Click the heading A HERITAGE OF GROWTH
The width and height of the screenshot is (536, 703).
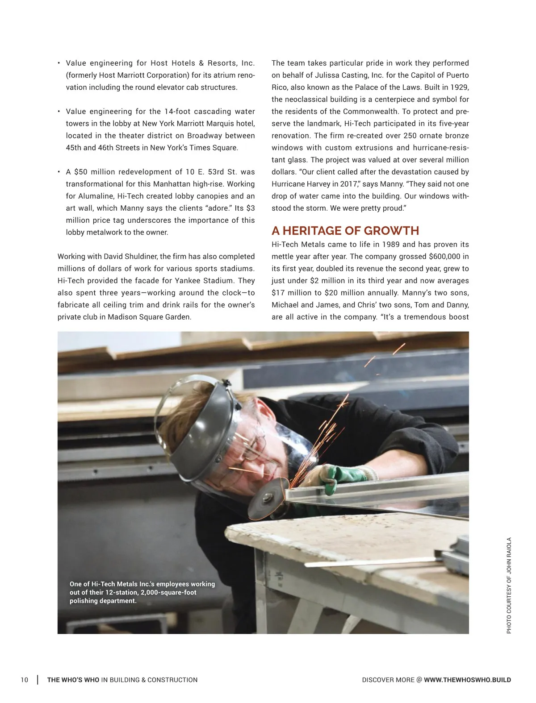(x=345, y=231)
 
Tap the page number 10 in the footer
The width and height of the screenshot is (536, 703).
(x=24, y=680)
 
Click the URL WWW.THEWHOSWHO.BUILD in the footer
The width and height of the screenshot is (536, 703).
(x=467, y=680)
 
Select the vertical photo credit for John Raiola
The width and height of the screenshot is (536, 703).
(x=509, y=585)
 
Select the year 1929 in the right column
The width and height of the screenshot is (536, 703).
(x=459, y=87)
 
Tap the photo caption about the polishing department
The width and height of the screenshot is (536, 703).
(x=142, y=592)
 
